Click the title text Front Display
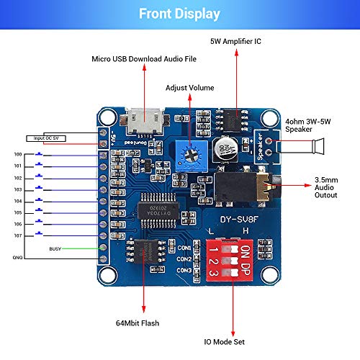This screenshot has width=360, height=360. pyautogui.click(x=179, y=13)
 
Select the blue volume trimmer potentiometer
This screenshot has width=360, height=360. pyautogui.click(x=189, y=152)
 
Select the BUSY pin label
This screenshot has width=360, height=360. pyautogui.click(x=55, y=248)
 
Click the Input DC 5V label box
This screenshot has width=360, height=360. pyautogui.click(x=45, y=137)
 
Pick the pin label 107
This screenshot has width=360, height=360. pyautogui.click(x=17, y=235)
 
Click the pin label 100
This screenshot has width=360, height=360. pyautogui.click(x=17, y=155)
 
